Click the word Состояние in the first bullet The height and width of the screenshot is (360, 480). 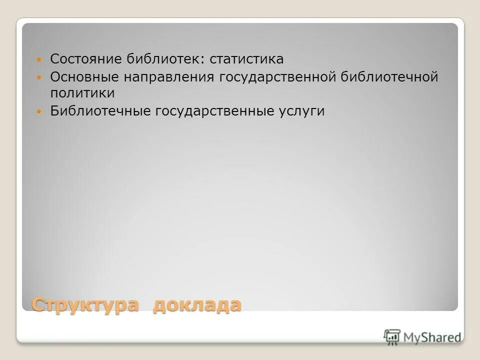[80, 59]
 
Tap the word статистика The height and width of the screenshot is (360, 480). [246, 59]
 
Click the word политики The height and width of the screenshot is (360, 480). [82, 93]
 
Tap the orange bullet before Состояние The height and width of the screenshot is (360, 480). [40, 59]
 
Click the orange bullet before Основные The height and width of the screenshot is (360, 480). [40, 77]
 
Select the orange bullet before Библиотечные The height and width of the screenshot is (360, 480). [40, 111]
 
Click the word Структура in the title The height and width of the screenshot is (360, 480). [85, 304]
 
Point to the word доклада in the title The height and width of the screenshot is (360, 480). [196, 304]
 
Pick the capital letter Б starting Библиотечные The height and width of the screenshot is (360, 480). [54, 110]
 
